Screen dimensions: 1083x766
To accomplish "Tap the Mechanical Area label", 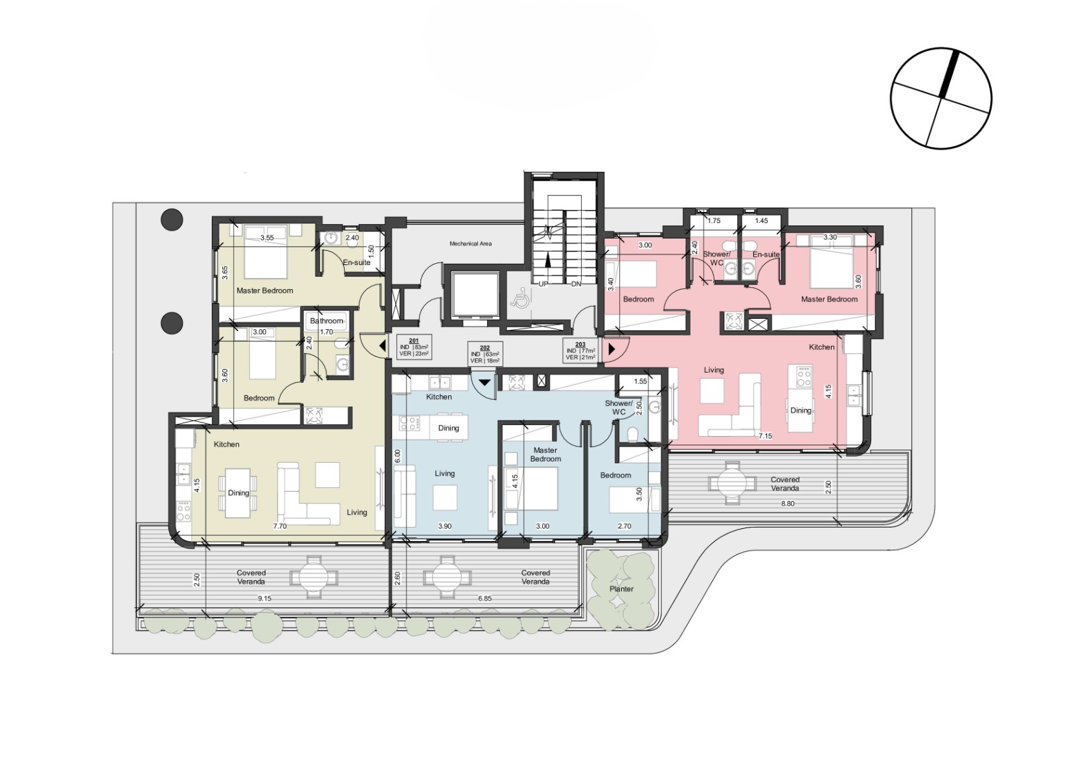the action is pos(470,244).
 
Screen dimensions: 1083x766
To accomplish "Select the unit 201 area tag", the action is pos(413,347).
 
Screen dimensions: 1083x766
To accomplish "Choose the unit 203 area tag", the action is pos(580,351).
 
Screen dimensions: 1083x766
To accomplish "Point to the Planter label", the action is pos(621,588).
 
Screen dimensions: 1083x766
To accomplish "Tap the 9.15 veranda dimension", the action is pos(264,598).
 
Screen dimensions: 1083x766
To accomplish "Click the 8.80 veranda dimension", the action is pos(788,504).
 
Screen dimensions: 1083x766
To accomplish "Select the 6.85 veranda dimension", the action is pos(485,598).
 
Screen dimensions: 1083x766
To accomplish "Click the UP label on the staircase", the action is pos(543,284).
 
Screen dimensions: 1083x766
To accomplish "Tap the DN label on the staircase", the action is pos(576,284).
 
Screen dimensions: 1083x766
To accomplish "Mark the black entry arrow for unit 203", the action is pos(611,349).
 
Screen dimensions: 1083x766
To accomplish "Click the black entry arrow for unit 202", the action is pos(484,382).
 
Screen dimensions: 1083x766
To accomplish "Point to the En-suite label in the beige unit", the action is pos(356,262).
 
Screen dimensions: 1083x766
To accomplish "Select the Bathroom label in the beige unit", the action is pos(326,321).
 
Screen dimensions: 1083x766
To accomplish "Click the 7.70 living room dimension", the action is pos(280,526).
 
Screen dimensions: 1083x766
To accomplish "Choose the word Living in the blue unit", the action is pos(444,474).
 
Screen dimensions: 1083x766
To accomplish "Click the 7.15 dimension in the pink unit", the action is pos(765,435).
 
